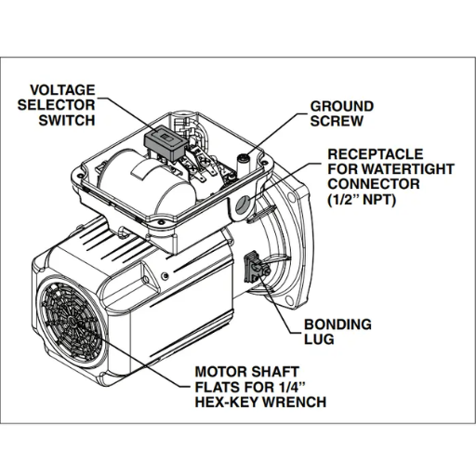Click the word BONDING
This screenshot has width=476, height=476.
338,325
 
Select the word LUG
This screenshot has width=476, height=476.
317,339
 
